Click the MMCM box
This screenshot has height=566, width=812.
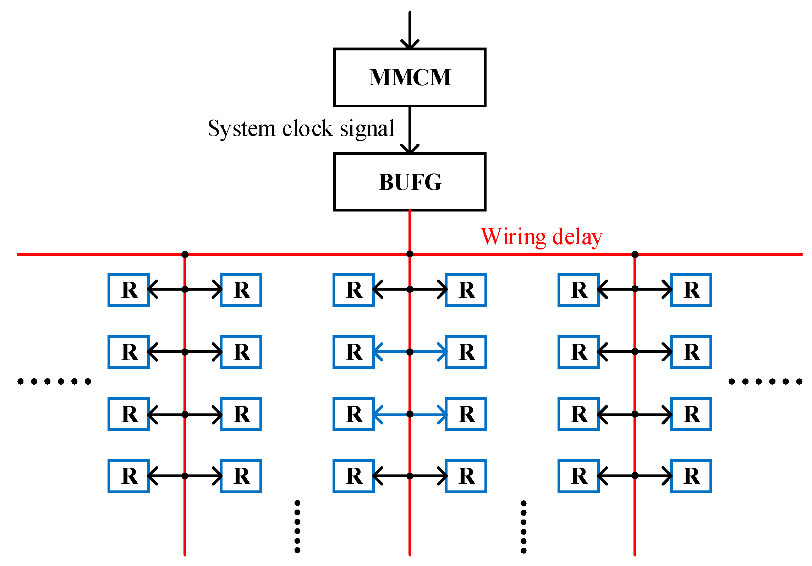pyautogui.click(x=410, y=77)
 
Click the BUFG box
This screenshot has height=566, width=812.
pyautogui.click(x=410, y=182)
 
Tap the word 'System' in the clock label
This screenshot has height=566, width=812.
pyautogui.click(x=242, y=128)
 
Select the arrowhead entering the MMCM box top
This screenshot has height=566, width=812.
pyautogui.click(x=410, y=45)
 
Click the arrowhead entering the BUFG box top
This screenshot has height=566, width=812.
pyautogui.click(x=410, y=149)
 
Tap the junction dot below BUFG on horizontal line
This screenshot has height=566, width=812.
pyautogui.click(x=410, y=254)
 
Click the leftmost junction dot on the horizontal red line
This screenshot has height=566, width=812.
pyautogui.click(x=185, y=254)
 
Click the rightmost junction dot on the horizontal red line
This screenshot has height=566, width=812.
pyautogui.click(x=635, y=254)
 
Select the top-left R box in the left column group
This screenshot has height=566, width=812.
pyautogui.click(x=128, y=290)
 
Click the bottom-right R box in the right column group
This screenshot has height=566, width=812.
pyautogui.click(x=691, y=476)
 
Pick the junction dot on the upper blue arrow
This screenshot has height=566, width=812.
pyautogui.click(x=410, y=352)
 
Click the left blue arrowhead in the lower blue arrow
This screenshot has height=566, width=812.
pyautogui.click(x=378, y=414)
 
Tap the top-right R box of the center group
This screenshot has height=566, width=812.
pyautogui.click(x=466, y=290)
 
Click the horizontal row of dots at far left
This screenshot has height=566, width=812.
pyautogui.click(x=54, y=381)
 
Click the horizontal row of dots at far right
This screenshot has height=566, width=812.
pyautogui.click(x=765, y=381)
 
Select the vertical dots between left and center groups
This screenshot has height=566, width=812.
pyautogui.click(x=297, y=526)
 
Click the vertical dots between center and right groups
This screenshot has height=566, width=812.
pyautogui.click(x=523, y=527)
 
